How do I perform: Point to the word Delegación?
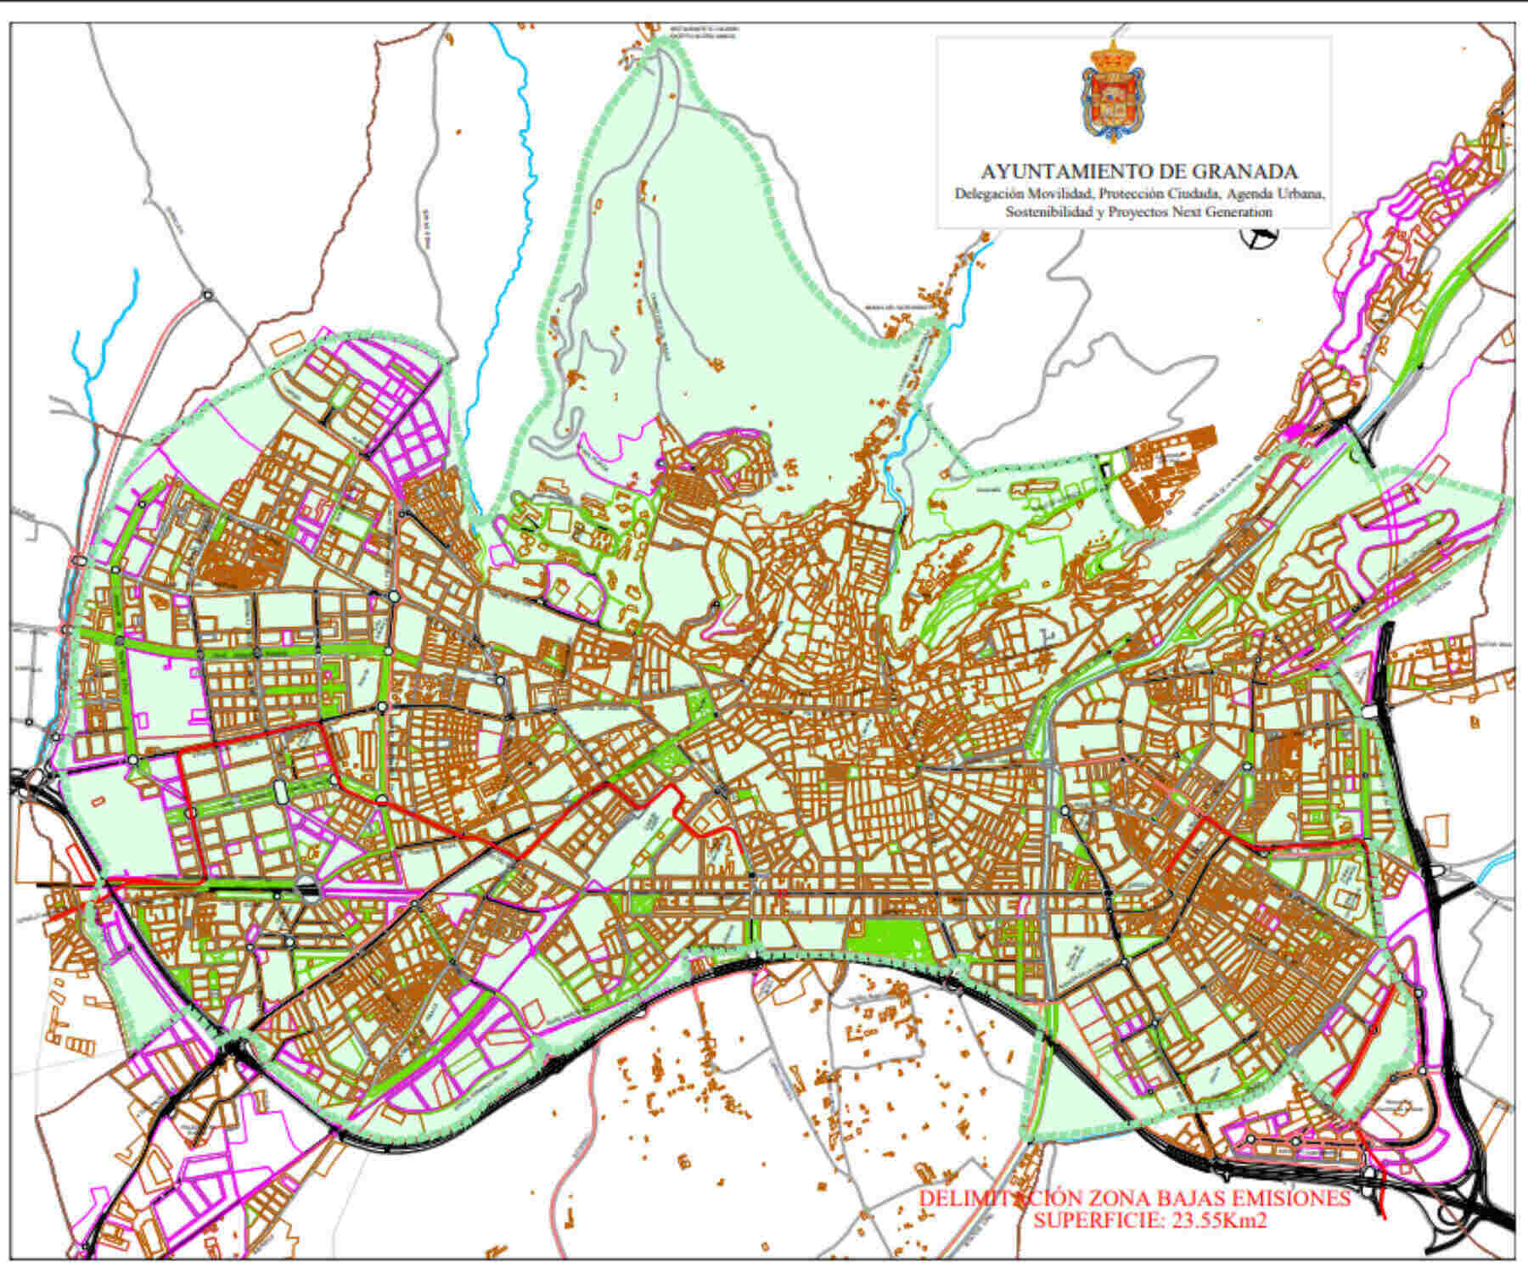[x=984, y=193]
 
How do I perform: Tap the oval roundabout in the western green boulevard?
[x=280, y=792]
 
